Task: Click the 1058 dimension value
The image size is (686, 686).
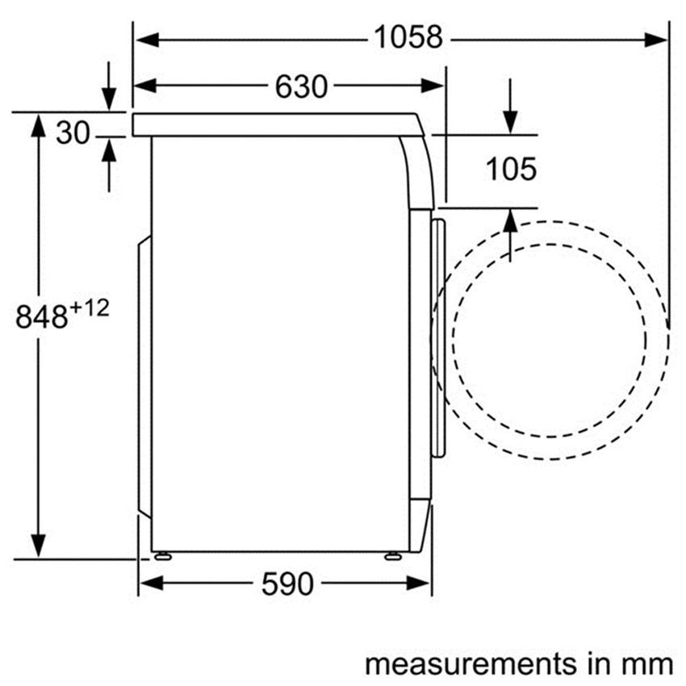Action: click(408, 38)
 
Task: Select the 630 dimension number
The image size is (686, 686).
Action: click(301, 86)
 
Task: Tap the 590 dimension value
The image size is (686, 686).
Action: click(287, 584)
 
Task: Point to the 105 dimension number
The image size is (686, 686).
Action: click(510, 169)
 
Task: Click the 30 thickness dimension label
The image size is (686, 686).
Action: click(72, 133)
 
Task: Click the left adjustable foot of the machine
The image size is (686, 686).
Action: click(161, 555)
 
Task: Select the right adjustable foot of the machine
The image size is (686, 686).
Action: click(393, 555)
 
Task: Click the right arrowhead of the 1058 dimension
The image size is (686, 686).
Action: click(657, 39)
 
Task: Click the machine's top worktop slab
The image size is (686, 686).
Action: click(274, 124)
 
